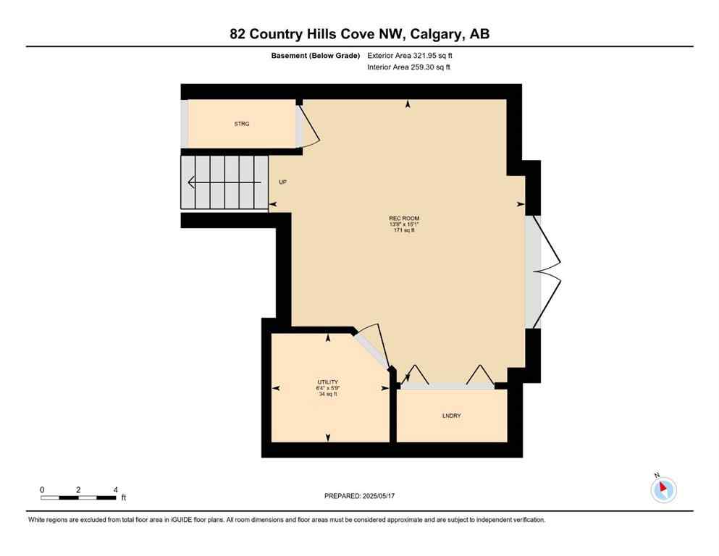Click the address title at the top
click(x=359, y=34)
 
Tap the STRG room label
click(x=242, y=125)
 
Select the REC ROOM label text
click(x=404, y=219)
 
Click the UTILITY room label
click(x=327, y=382)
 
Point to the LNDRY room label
click(x=451, y=416)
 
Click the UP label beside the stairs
click(x=282, y=182)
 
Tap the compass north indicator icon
click(x=663, y=489)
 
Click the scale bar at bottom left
click(x=78, y=497)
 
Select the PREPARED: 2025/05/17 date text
click(x=359, y=496)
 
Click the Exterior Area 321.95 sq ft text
click(x=410, y=55)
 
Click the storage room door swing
click(x=307, y=127)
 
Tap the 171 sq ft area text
click(x=404, y=230)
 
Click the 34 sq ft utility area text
click(x=327, y=395)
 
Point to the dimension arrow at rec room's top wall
click(x=408, y=105)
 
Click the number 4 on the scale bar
click(x=116, y=489)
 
